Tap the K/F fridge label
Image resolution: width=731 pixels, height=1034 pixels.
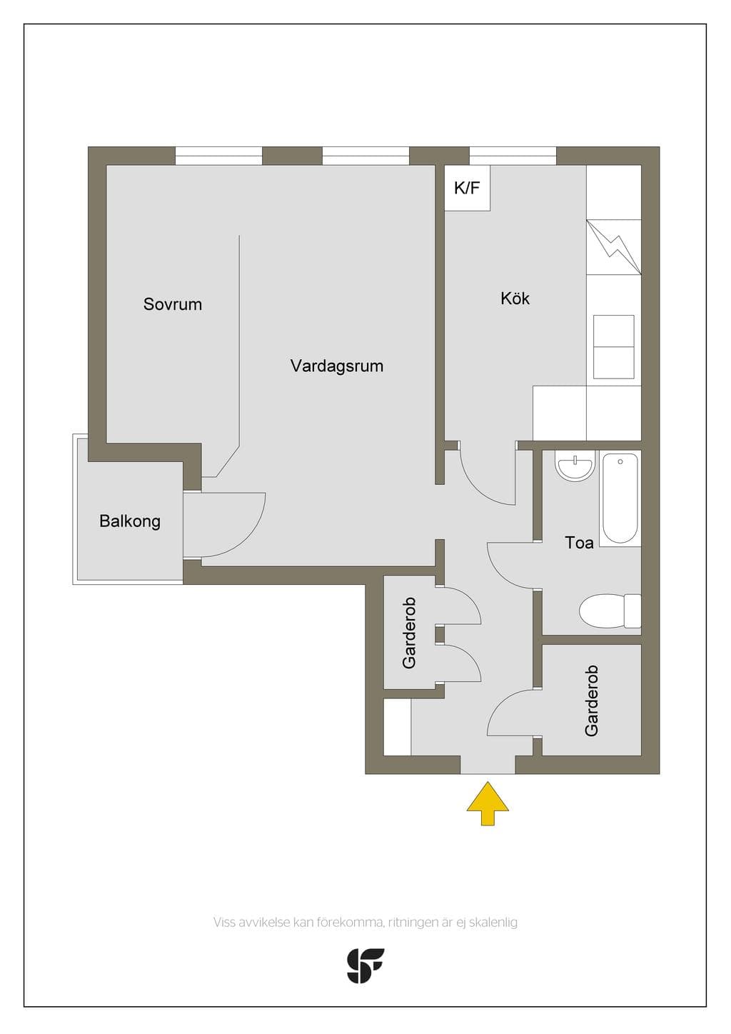pyautogui.click(x=467, y=189)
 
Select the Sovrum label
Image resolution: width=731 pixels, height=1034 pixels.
pyautogui.click(x=173, y=304)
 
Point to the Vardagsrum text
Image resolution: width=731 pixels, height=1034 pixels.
pyautogui.click(x=337, y=366)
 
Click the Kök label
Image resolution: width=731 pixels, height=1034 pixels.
pyautogui.click(x=515, y=298)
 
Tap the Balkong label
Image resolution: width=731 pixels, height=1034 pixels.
pyautogui.click(x=130, y=521)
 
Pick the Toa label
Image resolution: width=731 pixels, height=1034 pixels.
pyautogui.click(x=579, y=543)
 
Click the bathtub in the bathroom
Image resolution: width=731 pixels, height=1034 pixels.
pyautogui.click(x=620, y=498)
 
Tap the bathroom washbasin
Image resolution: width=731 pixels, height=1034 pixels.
pyautogui.click(x=575, y=468)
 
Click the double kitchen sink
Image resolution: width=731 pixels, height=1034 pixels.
pyautogui.click(x=613, y=346)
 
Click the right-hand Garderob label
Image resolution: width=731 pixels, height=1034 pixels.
pyautogui.click(x=591, y=701)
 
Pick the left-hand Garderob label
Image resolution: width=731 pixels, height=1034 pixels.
pyautogui.click(x=409, y=633)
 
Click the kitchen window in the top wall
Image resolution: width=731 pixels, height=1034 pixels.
pyautogui.click(x=513, y=156)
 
